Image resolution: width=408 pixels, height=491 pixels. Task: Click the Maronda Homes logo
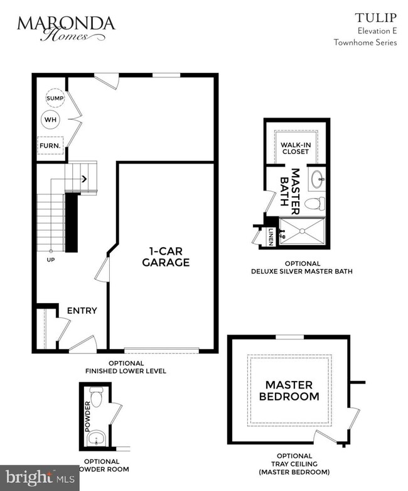click(66, 28)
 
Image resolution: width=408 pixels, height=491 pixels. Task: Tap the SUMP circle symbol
click(53, 99)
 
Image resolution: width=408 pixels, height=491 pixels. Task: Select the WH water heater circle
click(50, 119)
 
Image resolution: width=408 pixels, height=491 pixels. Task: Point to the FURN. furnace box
click(50, 146)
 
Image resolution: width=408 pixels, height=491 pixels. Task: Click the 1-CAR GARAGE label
click(166, 257)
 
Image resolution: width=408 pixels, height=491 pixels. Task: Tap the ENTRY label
click(82, 310)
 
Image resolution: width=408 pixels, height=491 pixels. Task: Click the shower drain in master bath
click(302, 231)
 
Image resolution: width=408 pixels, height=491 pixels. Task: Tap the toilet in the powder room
click(96, 397)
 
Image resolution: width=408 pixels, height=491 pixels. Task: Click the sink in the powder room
click(95, 438)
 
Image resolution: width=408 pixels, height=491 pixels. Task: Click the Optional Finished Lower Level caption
click(126, 367)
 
